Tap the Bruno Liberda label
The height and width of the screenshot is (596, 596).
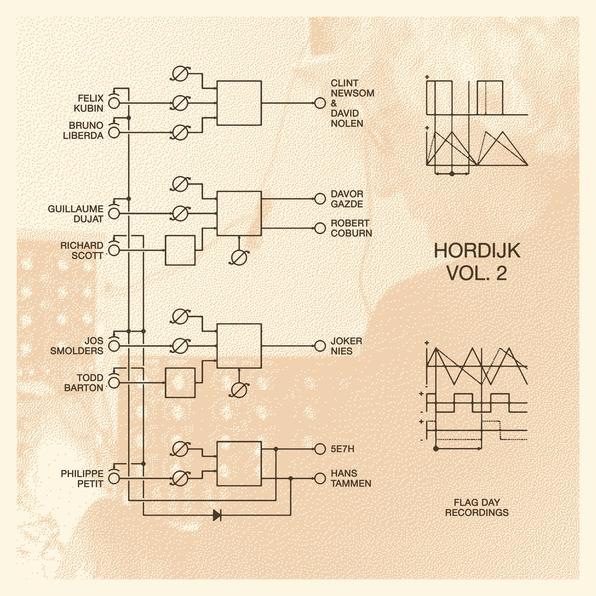click(83, 131)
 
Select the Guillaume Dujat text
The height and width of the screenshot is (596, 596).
click(76, 214)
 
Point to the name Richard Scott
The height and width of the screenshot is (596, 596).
click(82, 250)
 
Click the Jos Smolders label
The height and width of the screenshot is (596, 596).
click(76, 346)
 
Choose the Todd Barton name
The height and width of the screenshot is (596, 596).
click(84, 382)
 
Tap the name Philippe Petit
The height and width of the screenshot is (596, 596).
click(82, 478)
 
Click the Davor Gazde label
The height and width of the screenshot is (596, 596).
click(347, 199)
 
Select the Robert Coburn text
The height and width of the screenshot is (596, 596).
click(351, 228)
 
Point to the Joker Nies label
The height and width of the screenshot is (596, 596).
click(346, 346)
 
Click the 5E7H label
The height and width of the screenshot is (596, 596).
click(342, 449)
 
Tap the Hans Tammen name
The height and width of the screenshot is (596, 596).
click(351, 478)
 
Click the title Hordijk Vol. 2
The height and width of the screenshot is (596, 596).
click(477, 262)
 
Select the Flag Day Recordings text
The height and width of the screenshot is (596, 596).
click(477, 507)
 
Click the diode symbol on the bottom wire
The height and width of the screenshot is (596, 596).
click(218, 515)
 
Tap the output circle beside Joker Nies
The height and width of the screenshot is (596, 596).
click(320, 346)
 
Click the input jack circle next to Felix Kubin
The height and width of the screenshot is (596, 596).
click(114, 103)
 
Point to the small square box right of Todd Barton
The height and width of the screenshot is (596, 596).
click(180, 382)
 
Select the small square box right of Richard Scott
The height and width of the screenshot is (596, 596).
click(180, 250)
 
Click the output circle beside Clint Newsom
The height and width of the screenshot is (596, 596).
click(320, 103)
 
